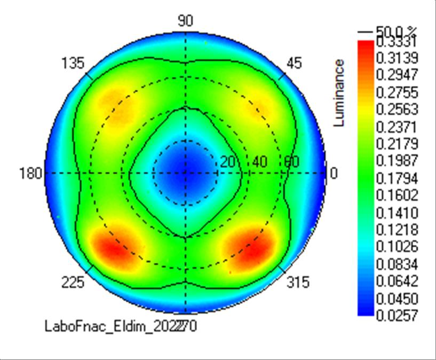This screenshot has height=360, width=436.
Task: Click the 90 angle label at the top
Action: (185, 21)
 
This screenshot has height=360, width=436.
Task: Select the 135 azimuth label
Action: (73, 64)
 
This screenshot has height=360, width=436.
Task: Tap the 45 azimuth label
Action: (294, 63)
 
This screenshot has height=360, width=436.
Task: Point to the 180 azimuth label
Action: (31, 173)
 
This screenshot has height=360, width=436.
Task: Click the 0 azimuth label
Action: (334, 173)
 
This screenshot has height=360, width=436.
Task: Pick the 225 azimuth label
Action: (73, 282)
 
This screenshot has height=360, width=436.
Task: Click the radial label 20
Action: (228, 162)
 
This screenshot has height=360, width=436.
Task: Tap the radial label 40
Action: (260, 162)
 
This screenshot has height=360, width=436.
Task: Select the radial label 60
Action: (291, 162)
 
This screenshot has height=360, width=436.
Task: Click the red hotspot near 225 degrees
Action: (113, 247)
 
